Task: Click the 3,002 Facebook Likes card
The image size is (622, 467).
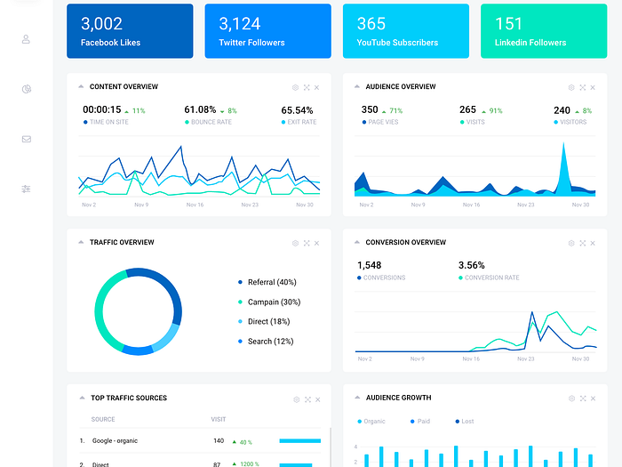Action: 130,31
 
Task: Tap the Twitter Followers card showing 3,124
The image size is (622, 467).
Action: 267,31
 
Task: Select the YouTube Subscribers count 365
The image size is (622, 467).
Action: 371,24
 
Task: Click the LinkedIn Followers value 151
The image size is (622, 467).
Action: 508,24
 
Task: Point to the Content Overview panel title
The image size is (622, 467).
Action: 124,87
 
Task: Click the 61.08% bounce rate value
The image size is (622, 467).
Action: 200,110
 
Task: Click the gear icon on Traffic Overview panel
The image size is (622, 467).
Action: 296,243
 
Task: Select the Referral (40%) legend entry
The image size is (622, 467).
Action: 272,282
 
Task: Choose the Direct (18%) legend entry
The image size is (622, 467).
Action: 268,321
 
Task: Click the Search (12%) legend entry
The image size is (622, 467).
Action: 270,342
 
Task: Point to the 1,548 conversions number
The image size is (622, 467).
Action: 369,265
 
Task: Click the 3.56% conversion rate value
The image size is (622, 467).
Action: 472,265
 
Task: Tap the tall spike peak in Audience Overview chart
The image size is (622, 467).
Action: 562,145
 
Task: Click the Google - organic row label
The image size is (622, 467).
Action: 114,440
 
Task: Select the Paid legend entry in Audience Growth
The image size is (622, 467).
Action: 423,422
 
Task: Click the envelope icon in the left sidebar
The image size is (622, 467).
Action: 27,139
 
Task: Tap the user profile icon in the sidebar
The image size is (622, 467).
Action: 27,39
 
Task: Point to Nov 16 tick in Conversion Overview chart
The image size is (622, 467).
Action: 471,359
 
